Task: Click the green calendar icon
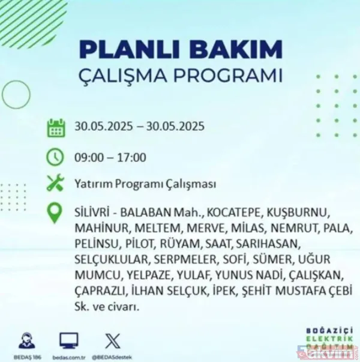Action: coord(56,128)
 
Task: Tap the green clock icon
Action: coord(56,157)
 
